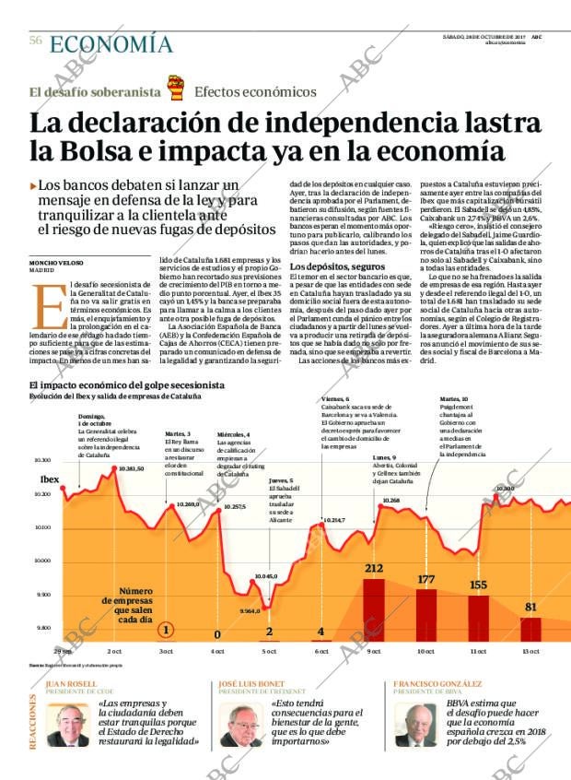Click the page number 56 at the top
point(36,41)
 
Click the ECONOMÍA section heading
point(111,43)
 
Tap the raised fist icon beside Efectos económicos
point(175,89)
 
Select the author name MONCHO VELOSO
point(55,263)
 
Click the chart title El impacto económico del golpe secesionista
point(127,385)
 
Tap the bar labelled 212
point(374,609)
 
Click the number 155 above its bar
point(478,585)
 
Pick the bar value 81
point(530,607)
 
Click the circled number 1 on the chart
point(166,630)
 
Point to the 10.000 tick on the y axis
point(41,560)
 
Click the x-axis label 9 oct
point(374,651)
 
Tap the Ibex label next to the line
point(49,479)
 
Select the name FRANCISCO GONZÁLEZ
point(437,684)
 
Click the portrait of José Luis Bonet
point(241,726)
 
